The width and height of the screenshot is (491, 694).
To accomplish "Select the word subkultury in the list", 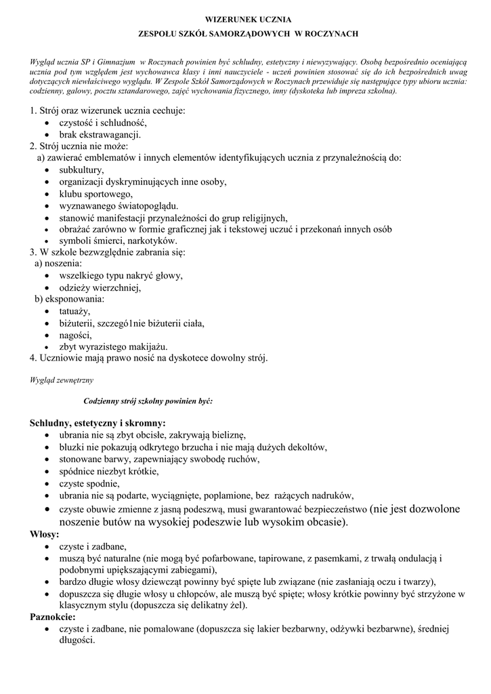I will click(x=81, y=169).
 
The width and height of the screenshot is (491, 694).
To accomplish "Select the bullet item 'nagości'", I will click(x=74, y=335).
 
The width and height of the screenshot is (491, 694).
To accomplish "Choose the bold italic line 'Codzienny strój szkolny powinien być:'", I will click(x=148, y=401).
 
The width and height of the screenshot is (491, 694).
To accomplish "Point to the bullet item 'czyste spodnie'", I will click(x=89, y=483).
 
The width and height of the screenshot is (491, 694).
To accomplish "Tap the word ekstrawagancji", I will click(x=109, y=134).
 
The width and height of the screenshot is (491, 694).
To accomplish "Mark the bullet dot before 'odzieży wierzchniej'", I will click(x=45, y=288).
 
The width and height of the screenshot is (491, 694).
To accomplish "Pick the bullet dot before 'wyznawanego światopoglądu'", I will click(x=45, y=206).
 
